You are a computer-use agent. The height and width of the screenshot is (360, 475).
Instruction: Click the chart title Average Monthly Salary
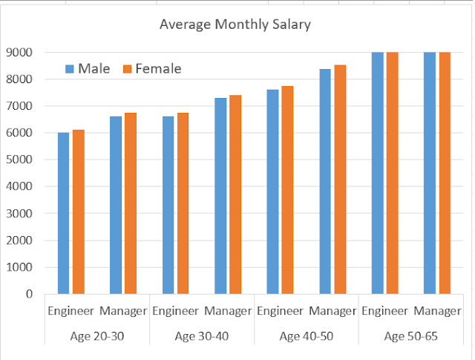[x=235, y=24]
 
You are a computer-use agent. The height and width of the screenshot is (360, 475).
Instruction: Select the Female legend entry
[x=151, y=69]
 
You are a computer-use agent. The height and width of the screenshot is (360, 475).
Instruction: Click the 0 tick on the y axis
[x=30, y=294]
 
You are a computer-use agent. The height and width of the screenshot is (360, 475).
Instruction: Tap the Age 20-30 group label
[x=97, y=336]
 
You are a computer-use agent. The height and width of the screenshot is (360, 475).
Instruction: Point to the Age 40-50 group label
[x=307, y=336]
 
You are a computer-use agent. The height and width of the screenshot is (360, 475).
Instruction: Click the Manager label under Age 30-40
[x=228, y=310]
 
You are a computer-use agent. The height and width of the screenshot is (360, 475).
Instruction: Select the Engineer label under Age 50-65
[x=384, y=310]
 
